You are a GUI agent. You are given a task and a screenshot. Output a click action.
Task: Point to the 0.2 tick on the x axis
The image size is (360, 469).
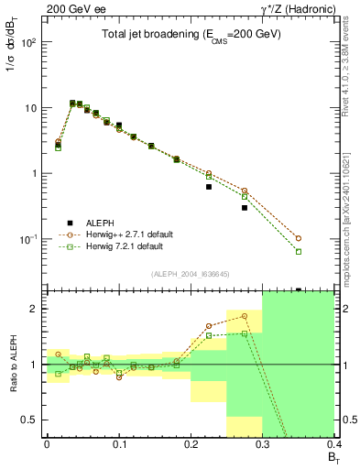point(190,444)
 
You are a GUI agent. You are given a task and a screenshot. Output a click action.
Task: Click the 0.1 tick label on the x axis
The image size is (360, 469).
point(118,444)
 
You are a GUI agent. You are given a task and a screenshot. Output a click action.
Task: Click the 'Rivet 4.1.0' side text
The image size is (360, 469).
point(350,55)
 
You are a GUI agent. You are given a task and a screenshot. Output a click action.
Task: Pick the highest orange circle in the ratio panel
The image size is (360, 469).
point(245,316)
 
